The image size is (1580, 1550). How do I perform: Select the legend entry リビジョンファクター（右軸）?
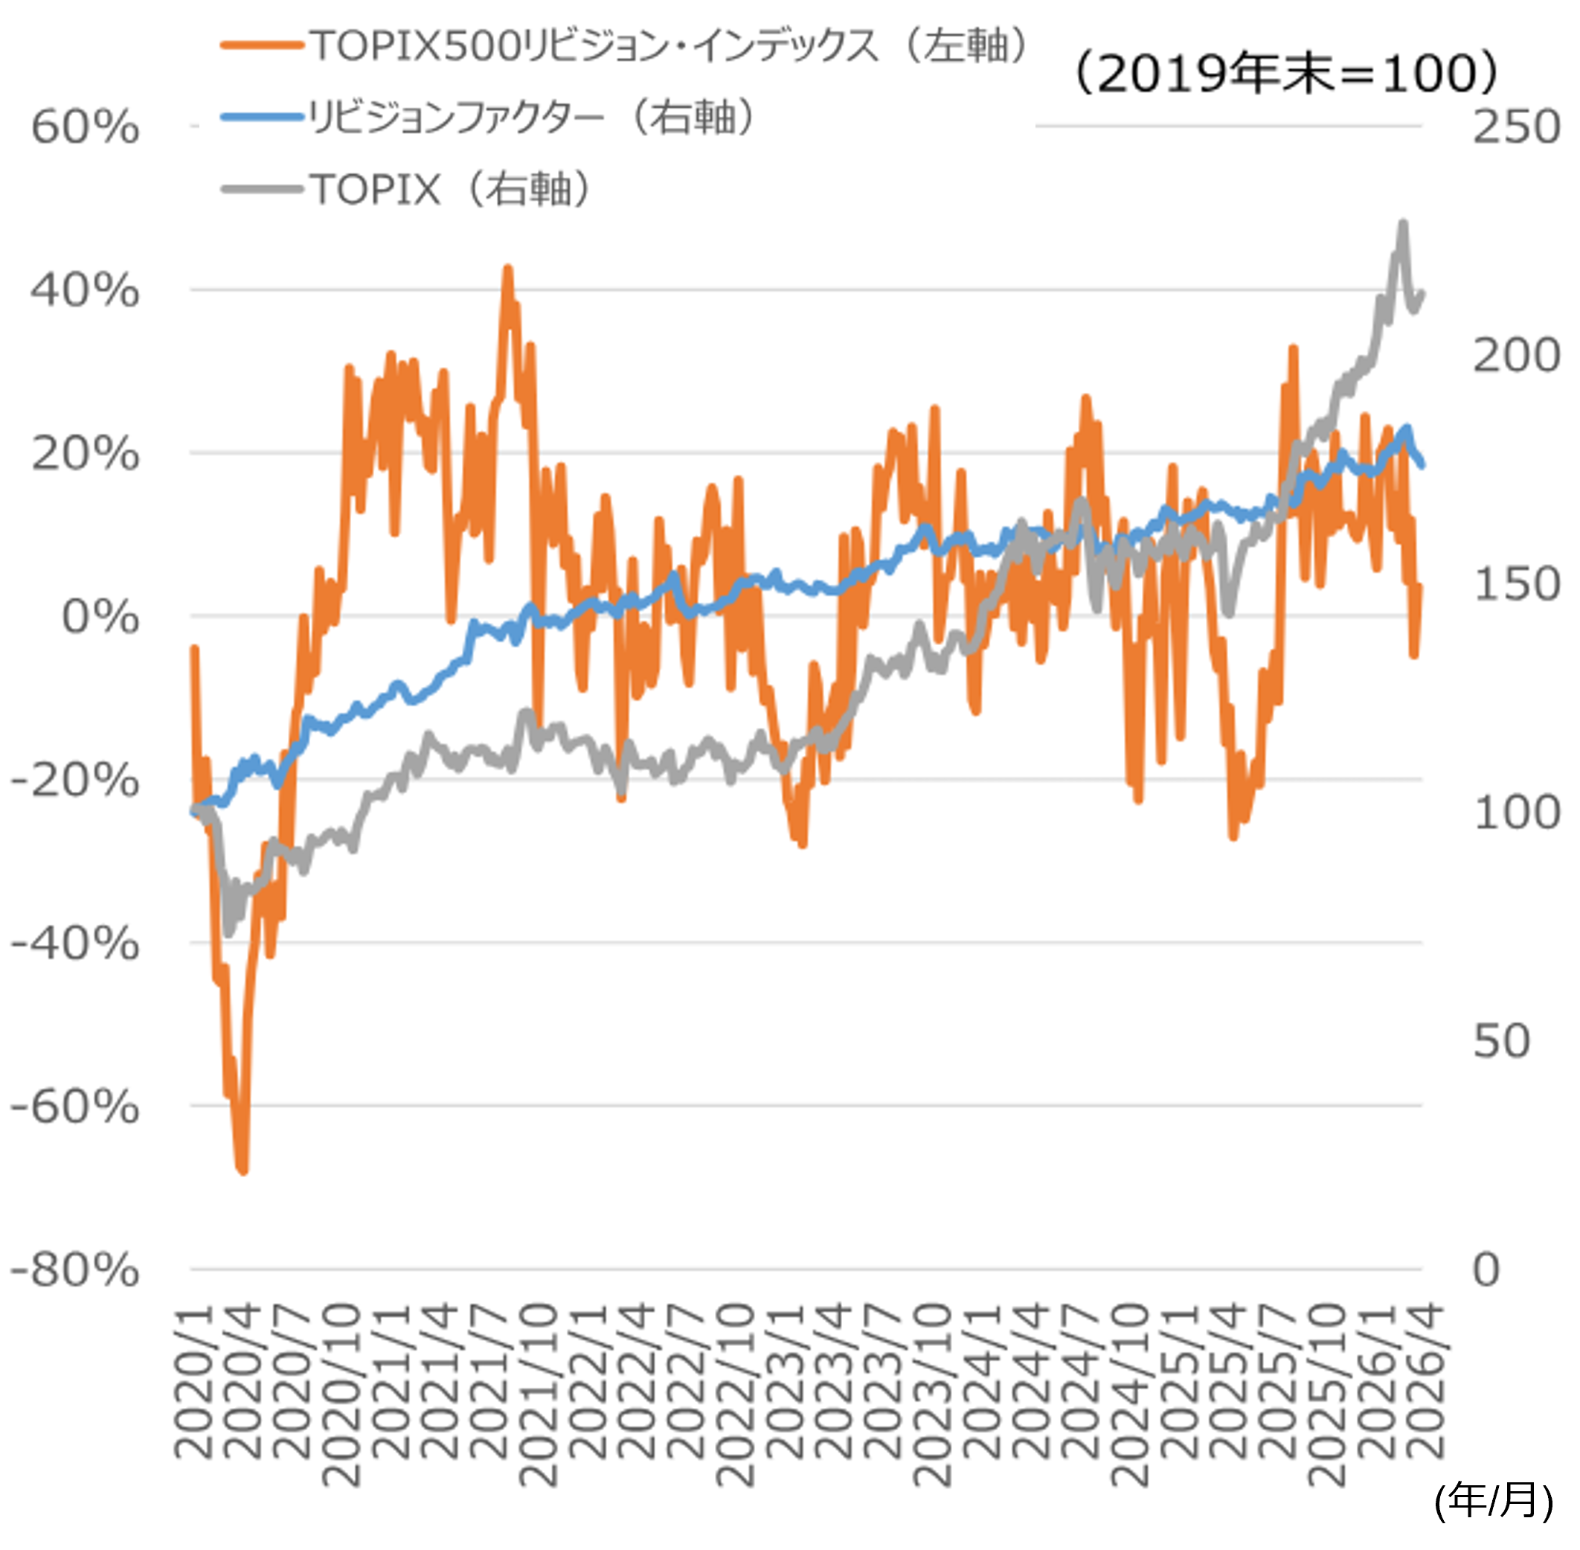[489, 118]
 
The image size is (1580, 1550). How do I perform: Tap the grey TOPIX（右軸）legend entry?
[407, 189]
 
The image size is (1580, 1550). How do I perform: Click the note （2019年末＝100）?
[1286, 73]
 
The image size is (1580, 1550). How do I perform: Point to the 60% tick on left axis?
[86, 127]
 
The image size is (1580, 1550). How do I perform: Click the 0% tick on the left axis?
[100, 616]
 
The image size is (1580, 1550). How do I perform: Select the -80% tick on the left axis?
[75, 1269]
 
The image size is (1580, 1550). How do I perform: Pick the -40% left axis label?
[75, 944]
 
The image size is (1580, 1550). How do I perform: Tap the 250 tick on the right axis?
[1517, 127]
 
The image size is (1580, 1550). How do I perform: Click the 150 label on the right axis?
[1517, 585]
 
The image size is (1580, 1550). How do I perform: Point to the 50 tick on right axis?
[1502, 1041]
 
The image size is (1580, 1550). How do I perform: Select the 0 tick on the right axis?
[1486, 1269]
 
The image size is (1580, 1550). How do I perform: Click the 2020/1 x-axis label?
[195, 1380]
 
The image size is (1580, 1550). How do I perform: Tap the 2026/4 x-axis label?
[1425, 1380]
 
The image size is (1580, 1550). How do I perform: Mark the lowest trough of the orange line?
[242, 1170]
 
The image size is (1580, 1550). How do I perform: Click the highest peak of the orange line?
[507, 268]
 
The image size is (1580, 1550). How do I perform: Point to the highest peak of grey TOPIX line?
[1402, 223]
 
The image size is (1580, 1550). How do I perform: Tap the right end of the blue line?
[1422, 465]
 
